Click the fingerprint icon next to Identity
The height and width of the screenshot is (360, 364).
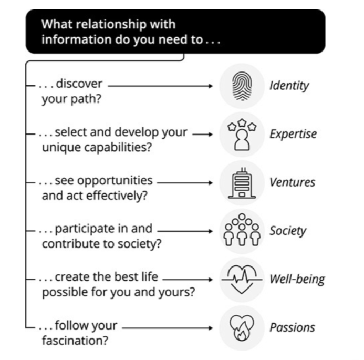(242, 85)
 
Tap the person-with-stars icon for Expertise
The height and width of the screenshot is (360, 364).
(242, 133)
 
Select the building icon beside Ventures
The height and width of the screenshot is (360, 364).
(242, 182)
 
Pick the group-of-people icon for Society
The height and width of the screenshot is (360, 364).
(242, 231)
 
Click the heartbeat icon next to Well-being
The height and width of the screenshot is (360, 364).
(242, 279)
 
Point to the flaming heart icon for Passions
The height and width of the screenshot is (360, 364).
(242, 327)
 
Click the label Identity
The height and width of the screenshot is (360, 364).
(289, 86)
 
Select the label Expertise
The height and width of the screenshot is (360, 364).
(293, 134)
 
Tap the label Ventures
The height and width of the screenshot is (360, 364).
(292, 182)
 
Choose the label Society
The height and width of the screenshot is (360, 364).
(288, 231)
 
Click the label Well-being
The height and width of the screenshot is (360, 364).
(297, 279)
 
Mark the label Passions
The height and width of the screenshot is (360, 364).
(292, 327)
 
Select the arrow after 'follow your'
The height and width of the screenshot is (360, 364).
(168, 327)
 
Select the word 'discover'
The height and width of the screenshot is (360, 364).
(79, 84)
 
